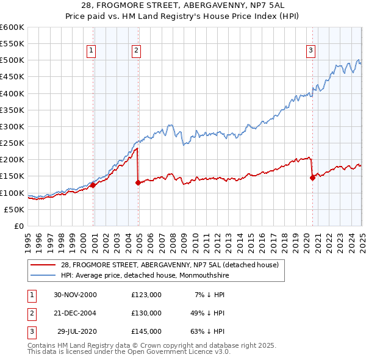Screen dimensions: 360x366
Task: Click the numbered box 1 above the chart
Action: pyautogui.click(x=91, y=51)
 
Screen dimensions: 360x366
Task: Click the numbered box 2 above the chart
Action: pyautogui.click(x=136, y=51)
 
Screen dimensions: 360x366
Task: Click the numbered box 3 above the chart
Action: pyautogui.click(x=310, y=51)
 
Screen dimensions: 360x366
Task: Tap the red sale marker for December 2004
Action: pyautogui.click(x=138, y=182)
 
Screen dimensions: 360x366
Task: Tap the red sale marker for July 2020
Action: pyautogui.click(x=312, y=178)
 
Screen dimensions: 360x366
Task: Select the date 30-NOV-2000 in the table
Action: pyautogui.click(x=75, y=295)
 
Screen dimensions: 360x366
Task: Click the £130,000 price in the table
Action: pyautogui.click(x=146, y=312)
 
